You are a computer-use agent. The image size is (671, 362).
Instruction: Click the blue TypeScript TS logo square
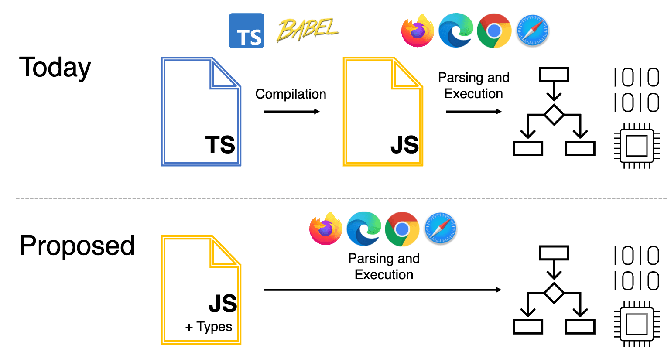pos(246,31)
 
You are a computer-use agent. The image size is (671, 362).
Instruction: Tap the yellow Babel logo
pos(308,30)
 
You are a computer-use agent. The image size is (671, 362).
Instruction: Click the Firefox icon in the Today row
pos(418,31)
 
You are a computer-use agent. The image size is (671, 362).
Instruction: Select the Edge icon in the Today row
pos(455,31)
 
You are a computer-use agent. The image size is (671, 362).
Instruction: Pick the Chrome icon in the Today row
pos(494,31)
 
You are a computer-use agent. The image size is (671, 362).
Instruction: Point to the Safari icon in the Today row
pos(532,31)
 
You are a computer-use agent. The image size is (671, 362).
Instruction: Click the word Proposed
pos(77,246)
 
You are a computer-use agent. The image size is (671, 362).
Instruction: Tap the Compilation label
pos(291,94)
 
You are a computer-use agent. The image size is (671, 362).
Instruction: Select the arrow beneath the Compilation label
pos(291,112)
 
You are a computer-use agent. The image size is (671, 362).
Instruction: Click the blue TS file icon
pos(201,112)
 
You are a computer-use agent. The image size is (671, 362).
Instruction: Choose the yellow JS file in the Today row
pos(383,112)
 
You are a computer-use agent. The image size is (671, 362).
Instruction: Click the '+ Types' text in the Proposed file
pos(209,327)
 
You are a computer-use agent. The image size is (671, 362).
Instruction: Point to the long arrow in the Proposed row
pos(382,290)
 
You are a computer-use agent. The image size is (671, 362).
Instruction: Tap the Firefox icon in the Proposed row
pos(325,229)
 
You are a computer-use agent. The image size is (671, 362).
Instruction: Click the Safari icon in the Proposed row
pos(440,229)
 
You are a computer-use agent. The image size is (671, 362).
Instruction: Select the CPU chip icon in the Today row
pos(637,146)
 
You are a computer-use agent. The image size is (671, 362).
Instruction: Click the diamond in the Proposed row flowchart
pos(554,293)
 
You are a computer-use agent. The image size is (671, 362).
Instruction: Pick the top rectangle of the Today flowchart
pos(554,75)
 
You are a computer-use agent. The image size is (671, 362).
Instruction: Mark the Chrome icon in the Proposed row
pos(402,229)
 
